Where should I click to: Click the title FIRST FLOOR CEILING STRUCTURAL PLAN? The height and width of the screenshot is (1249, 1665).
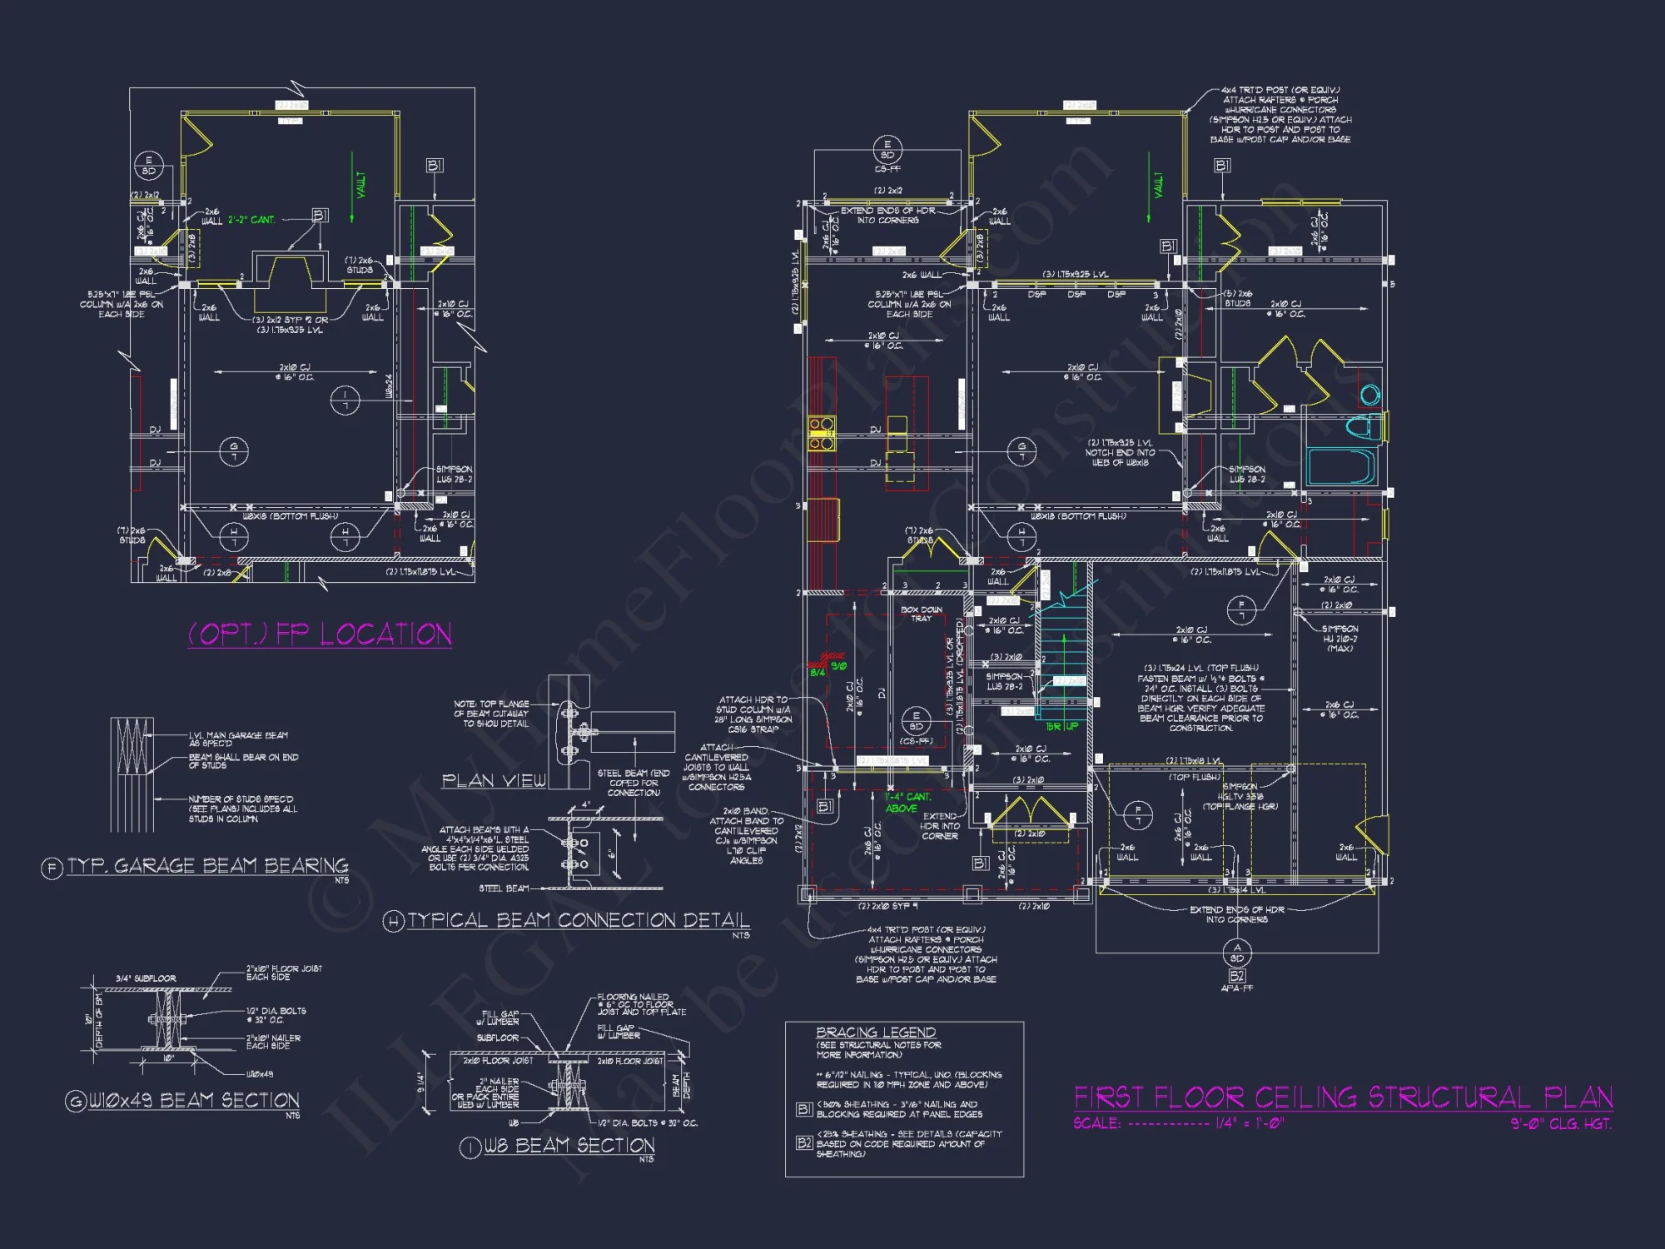[1343, 1097]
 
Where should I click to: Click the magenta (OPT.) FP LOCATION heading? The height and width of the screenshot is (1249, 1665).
[320, 634]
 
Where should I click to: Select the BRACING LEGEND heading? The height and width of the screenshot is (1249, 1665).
[875, 1033]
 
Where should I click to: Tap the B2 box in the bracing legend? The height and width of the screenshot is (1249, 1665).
[803, 1142]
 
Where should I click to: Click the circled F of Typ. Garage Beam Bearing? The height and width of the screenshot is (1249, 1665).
[52, 868]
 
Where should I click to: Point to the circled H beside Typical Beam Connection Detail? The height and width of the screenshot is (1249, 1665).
[393, 922]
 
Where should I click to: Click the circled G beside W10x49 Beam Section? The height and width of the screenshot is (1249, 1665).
[76, 1102]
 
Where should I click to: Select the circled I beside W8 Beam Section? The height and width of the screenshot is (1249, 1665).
[470, 1147]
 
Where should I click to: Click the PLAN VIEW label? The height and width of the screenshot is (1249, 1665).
[494, 780]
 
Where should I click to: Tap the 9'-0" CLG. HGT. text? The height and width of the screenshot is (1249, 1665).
[1561, 1124]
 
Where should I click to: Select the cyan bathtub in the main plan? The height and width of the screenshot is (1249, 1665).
[1340, 466]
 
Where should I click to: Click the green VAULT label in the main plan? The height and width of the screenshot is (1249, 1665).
[1158, 186]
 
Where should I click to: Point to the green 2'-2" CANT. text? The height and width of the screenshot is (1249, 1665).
[251, 220]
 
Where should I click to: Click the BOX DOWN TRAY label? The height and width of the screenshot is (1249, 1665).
[922, 614]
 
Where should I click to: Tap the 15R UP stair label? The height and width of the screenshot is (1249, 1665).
[1061, 726]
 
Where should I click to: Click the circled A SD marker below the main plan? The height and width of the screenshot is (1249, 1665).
[1236, 953]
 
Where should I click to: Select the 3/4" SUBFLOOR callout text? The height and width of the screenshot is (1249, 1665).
[146, 978]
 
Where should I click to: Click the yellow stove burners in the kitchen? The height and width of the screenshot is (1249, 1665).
[822, 434]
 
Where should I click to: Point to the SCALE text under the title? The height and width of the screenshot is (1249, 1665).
[1096, 1123]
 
